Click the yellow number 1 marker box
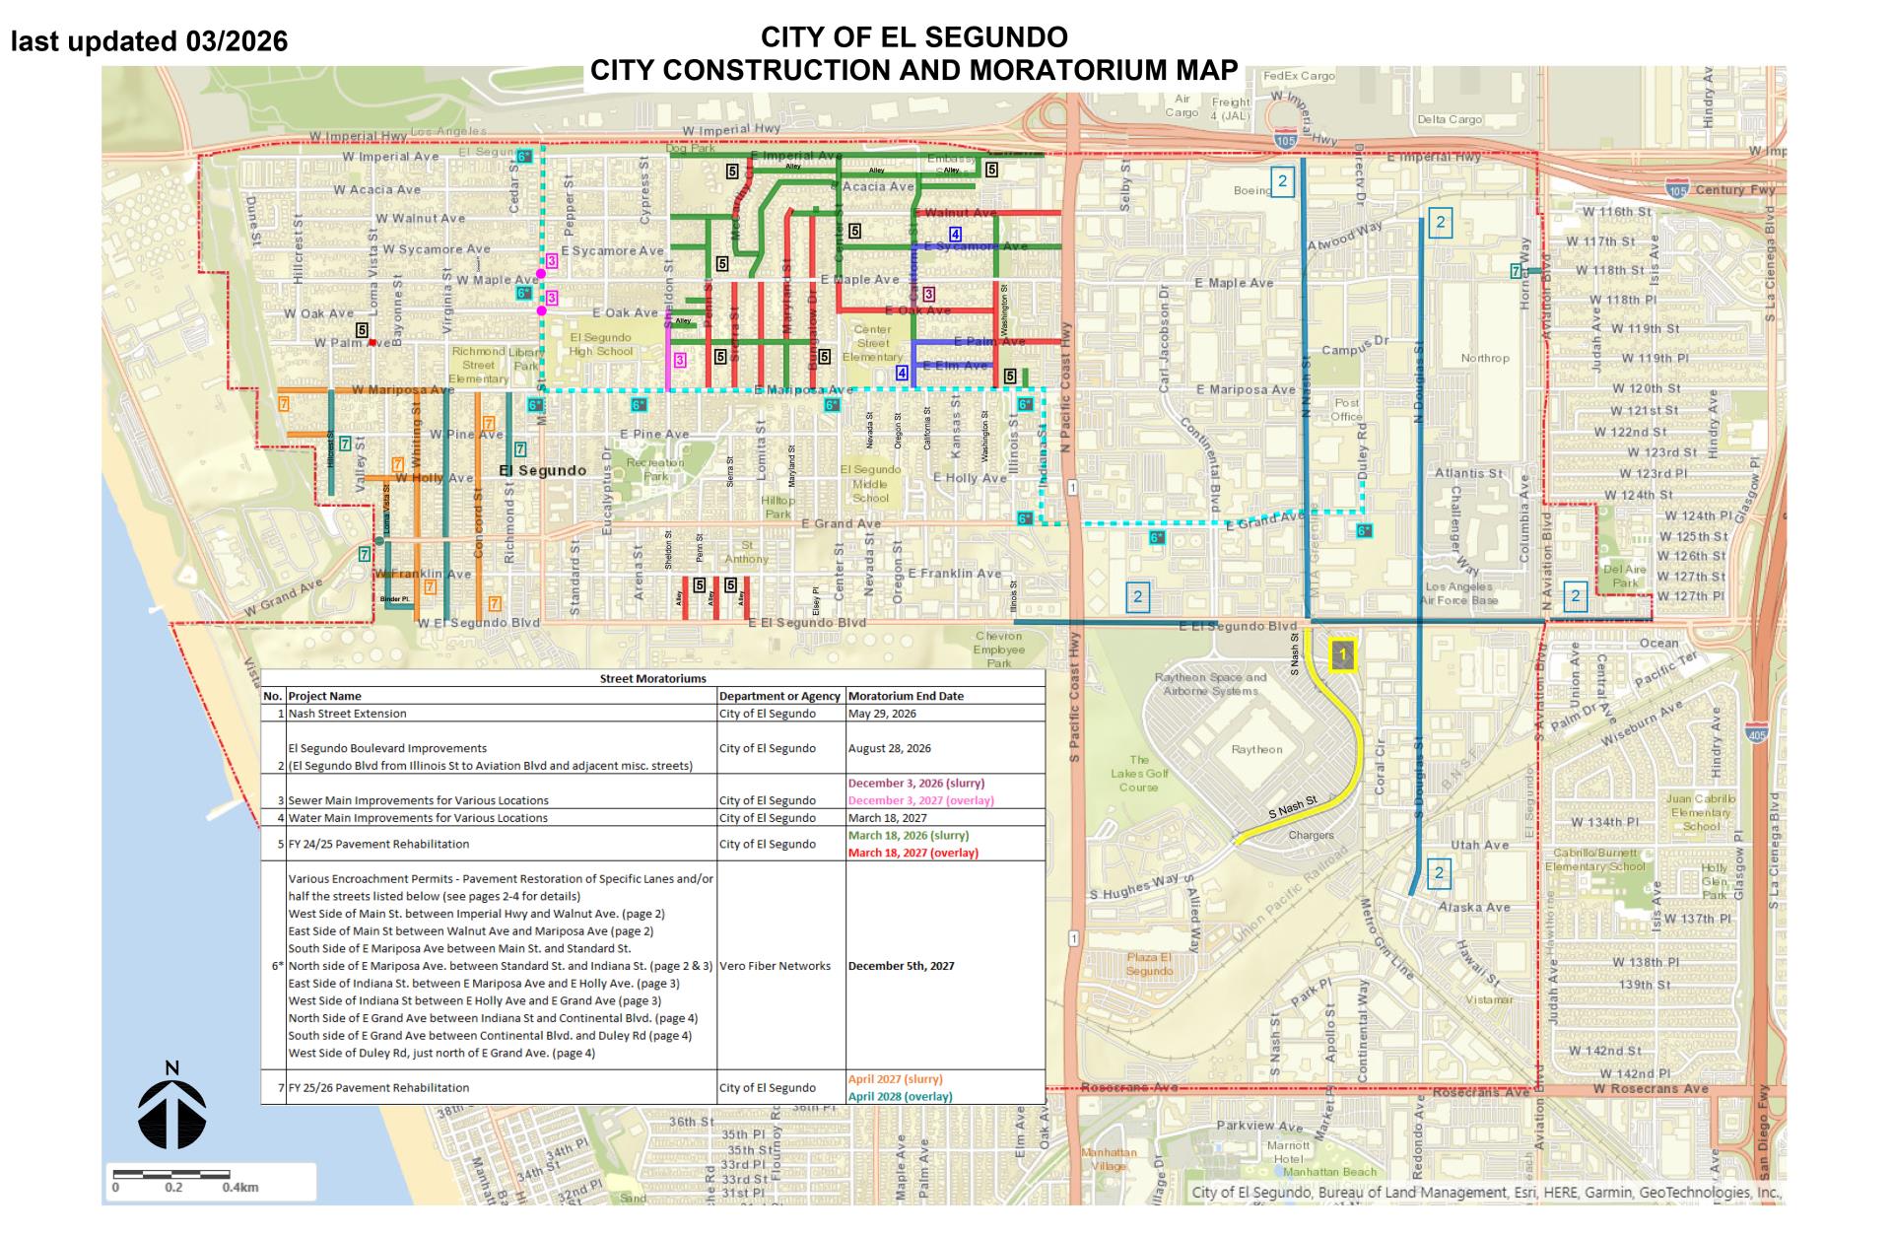click(1342, 655)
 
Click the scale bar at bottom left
click(171, 1175)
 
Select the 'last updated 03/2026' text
click(149, 41)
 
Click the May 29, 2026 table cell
click(882, 714)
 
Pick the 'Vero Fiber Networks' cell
click(776, 966)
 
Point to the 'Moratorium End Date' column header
click(906, 696)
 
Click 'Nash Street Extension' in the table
click(347, 714)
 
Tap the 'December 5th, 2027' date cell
click(901, 966)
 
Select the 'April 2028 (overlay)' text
click(900, 1096)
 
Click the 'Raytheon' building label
click(1256, 750)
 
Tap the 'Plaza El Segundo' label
click(1149, 964)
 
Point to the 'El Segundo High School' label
click(600, 344)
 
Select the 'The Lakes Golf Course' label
click(1139, 773)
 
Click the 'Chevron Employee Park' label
click(999, 650)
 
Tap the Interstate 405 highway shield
click(1755, 733)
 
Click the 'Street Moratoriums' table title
click(652, 678)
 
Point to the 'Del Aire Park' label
click(1625, 576)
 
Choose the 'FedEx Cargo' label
click(1299, 76)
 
